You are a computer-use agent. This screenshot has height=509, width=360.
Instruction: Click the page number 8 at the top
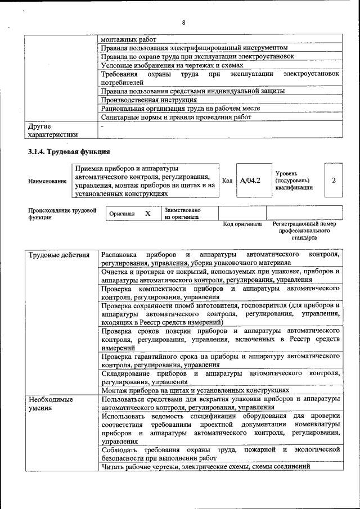click(x=183, y=22)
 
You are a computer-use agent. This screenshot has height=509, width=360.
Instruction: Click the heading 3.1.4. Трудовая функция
click(x=69, y=151)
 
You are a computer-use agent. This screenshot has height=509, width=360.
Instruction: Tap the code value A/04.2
click(x=250, y=181)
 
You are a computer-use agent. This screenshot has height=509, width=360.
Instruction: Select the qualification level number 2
click(x=334, y=181)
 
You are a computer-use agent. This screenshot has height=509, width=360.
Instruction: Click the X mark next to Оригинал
click(x=147, y=214)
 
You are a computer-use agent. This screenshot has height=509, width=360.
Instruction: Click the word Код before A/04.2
click(x=227, y=181)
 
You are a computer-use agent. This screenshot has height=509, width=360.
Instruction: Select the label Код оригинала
click(x=242, y=224)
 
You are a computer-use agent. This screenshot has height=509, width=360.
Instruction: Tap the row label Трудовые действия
click(x=59, y=255)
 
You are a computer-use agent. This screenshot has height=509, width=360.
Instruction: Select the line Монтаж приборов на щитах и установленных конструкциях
click(x=195, y=390)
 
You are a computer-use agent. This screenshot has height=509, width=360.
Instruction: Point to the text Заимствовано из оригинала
click(x=183, y=214)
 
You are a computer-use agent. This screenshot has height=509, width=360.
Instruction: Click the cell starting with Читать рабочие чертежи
click(x=206, y=466)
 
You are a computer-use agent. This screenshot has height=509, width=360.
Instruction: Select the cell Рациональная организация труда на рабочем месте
click(x=180, y=109)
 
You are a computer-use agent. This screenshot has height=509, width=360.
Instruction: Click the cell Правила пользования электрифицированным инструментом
click(x=194, y=48)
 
